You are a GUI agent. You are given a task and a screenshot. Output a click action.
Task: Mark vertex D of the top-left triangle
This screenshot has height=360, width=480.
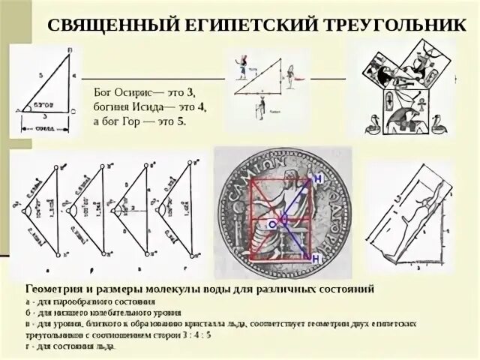[x=70, y=50]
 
